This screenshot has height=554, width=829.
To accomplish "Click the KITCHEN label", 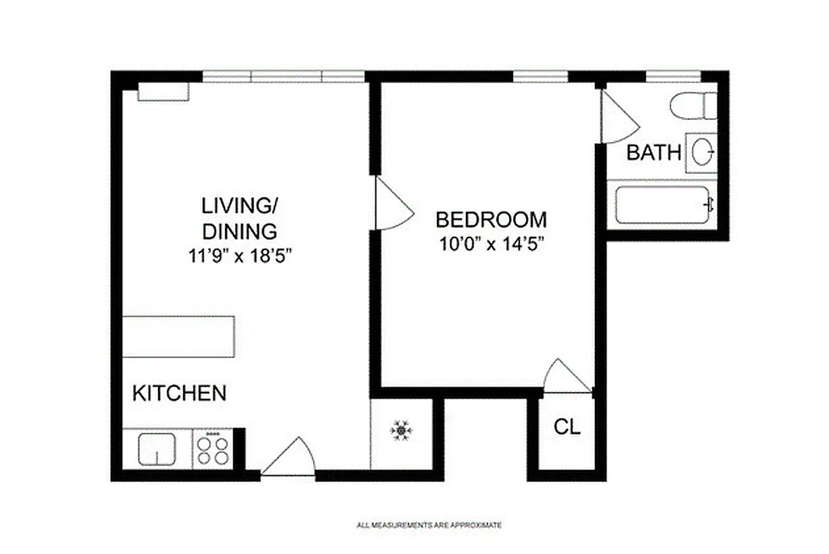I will click(x=179, y=393).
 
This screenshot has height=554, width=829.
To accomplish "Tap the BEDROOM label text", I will click(x=490, y=220).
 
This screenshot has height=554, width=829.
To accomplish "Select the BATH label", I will click(x=653, y=153).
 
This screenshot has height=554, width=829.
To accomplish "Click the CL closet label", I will click(x=567, y=427).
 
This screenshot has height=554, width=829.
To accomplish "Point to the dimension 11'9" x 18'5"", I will click(x=239, y=256).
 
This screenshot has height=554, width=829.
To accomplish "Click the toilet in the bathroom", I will click(x=693, y=105).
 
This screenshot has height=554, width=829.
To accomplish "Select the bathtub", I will click(x=663, y=204).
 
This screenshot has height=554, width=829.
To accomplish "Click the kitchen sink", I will click(x=157, y=449).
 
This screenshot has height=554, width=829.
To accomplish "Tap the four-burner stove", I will click(x=212, y=449).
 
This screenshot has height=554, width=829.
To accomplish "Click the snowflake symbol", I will click(x=401, y=431).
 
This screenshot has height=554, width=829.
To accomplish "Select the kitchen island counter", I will click(x=178, y=337).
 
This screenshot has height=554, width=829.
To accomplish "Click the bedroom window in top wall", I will click(x=540, y=76).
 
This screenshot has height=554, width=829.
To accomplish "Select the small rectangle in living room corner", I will click(x=163, y=92).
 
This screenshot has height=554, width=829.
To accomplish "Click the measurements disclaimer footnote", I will click(x=429, y=526).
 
